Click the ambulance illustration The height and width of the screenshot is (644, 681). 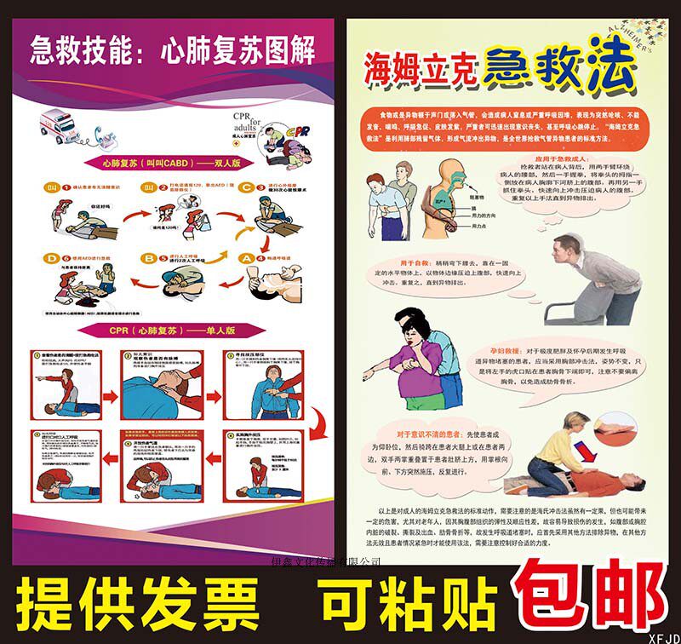tap(58, 127)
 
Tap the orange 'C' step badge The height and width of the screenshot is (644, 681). tap(247, 187)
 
